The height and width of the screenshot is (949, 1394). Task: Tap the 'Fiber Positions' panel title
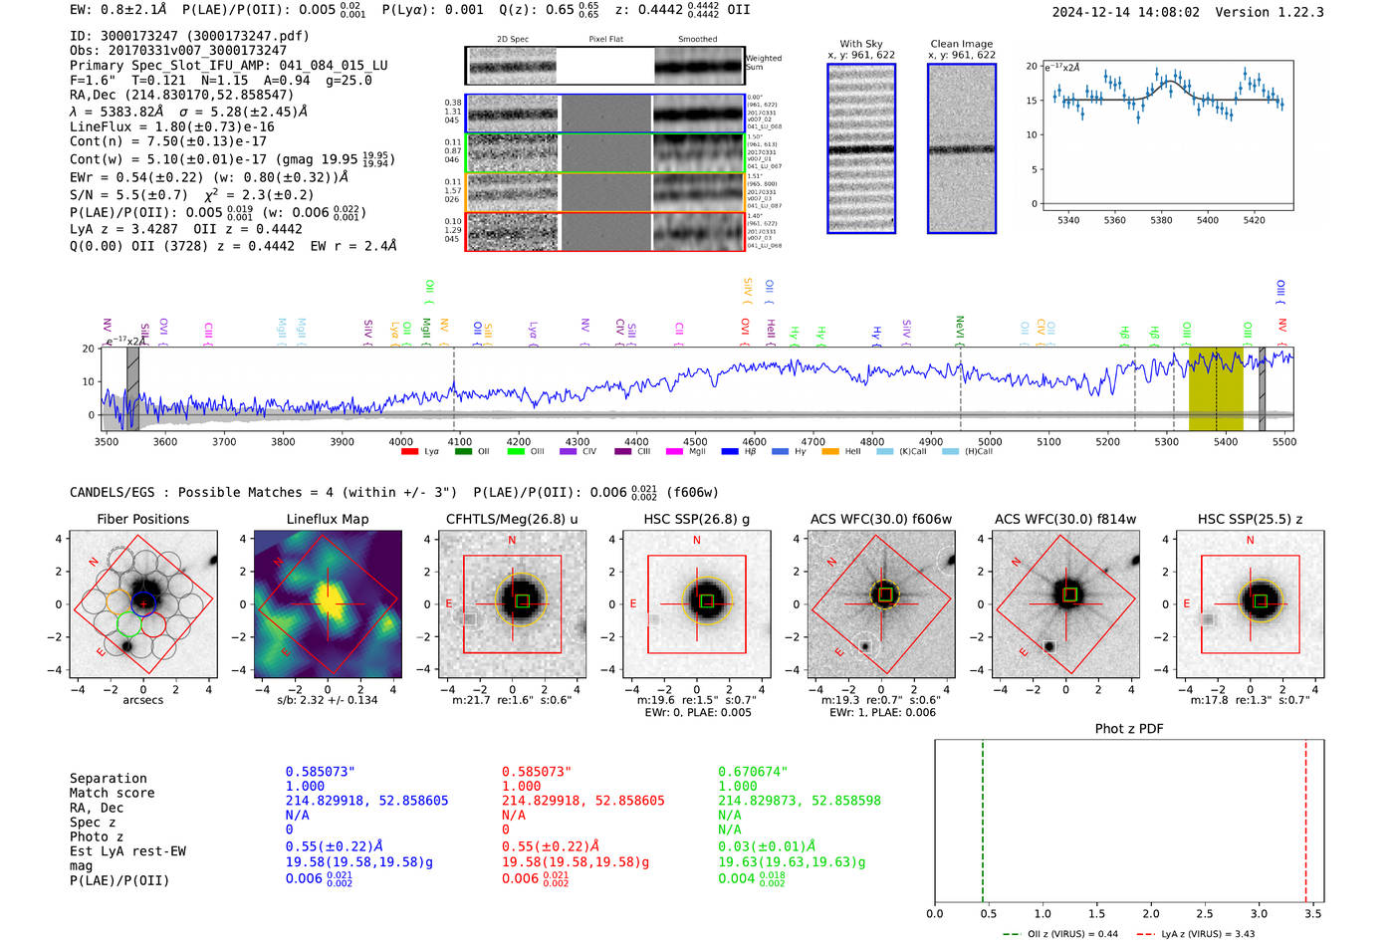pos(142,519)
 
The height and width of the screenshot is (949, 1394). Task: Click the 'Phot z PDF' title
pos(1129,729)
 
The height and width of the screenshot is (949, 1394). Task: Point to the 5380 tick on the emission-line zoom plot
pos(1161,220)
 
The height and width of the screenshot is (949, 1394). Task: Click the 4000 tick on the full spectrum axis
pos(400,442)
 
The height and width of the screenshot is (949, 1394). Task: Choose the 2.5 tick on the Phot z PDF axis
pos(1205,913)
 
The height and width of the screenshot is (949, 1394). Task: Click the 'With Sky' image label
pos(861,44)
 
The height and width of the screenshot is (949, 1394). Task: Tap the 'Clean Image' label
pos(961,44)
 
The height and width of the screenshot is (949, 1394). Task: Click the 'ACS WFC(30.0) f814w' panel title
pos(1065,519)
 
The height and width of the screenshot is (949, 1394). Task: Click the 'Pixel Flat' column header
pos(605,40)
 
